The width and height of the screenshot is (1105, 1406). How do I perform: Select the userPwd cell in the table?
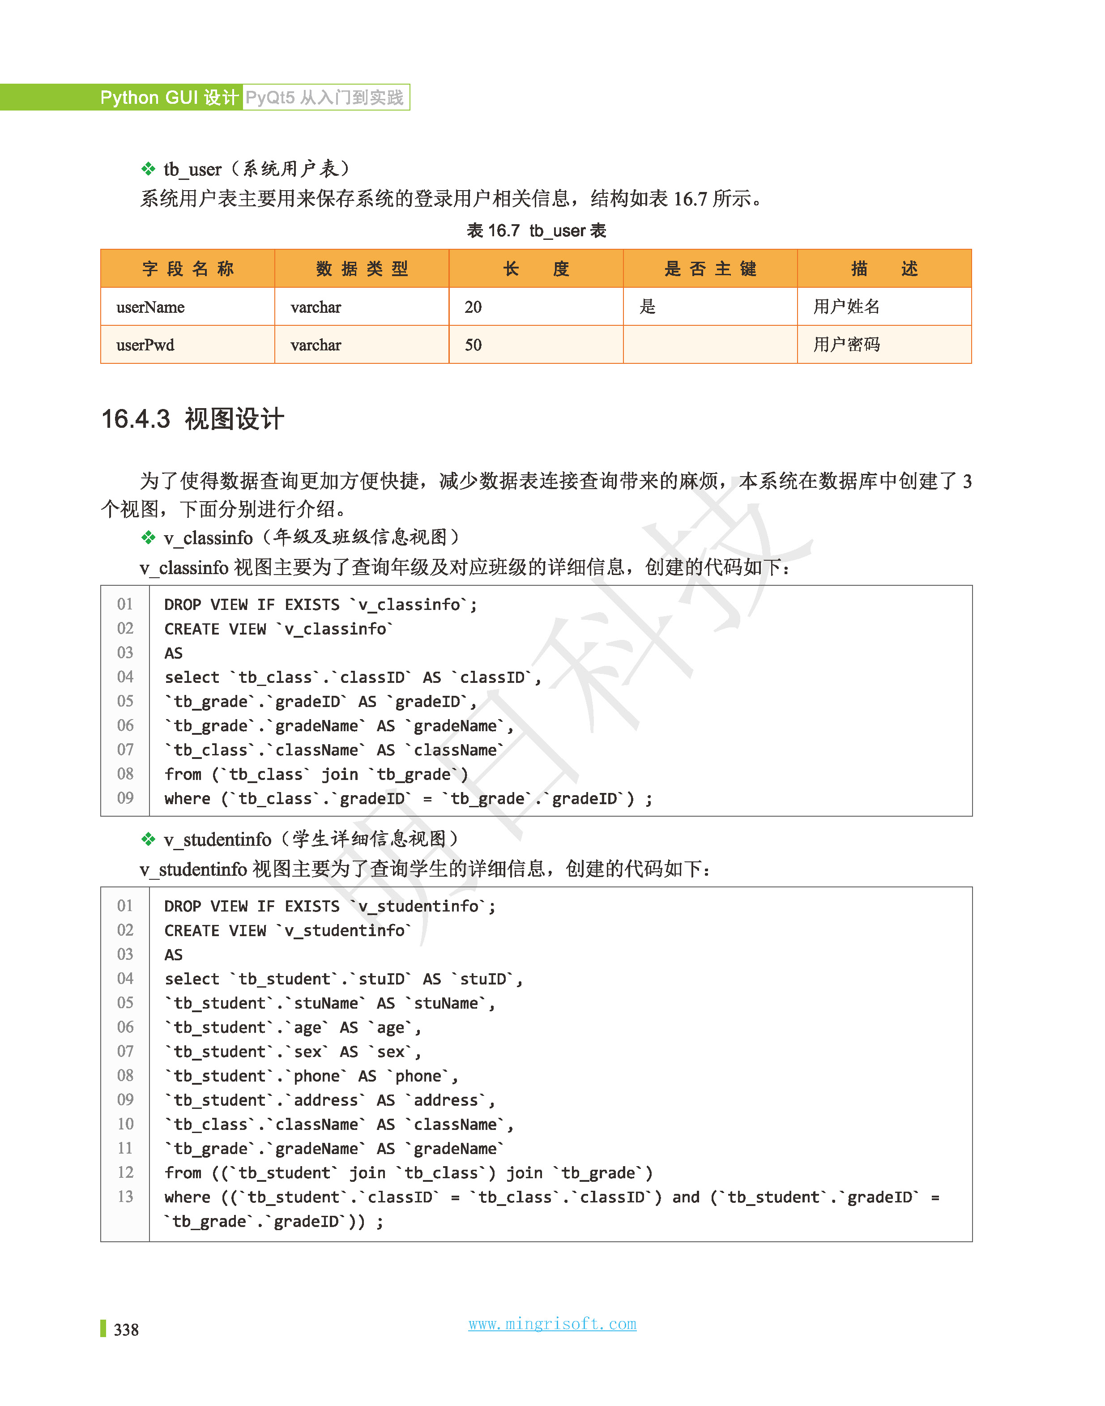click(x=145, y=345)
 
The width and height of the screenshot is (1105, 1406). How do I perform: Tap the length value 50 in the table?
click(x=473, y=345)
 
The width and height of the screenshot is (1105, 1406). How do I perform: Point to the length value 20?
click(x=473, y=307)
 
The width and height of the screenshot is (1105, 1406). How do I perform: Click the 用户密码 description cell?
click(x=846, y=345)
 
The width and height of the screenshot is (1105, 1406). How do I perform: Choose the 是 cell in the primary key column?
click(x=648, y=307)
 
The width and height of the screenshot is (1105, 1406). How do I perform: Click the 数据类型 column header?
click(x=362, y=268)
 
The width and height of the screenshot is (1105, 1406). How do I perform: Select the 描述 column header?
click(x=884, y=268)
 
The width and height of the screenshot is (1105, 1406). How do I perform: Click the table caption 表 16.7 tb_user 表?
click(x=536, y=231)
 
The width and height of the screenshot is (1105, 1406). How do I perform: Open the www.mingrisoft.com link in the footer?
click(x=552, y=1324)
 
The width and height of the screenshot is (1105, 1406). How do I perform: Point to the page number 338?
click(x=126, y=1329)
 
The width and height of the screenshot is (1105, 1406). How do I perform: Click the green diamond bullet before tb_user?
click(x=148, y=170)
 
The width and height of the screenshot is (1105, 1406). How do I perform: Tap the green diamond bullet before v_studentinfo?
click(x=148, y=839)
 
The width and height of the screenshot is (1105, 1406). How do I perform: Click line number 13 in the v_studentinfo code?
click(x=125, y=1197)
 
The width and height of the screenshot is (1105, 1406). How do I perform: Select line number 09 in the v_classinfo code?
click(x=125, y=798)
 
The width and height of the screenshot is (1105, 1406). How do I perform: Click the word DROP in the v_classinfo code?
click(x=183, y=605)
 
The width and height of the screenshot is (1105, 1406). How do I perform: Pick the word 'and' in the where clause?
click(x=686, y=1197)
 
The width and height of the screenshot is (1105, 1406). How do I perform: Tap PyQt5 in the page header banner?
click(x=270, y=98)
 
